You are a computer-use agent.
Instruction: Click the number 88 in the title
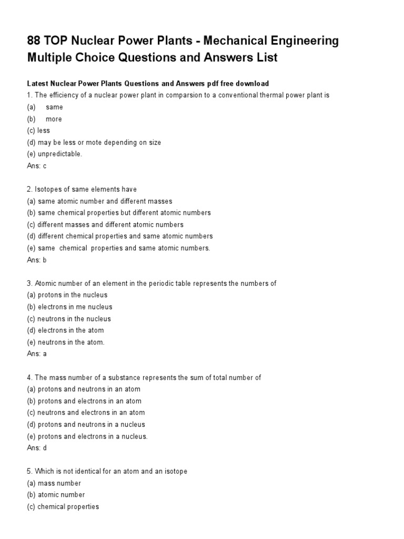click(35, 41)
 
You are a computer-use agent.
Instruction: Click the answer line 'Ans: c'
click(37, 166)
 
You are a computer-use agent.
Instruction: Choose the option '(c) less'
click(38, 131)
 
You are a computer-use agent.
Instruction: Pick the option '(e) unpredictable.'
click(55, 154)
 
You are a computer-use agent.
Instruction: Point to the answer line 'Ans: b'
click(37, 260)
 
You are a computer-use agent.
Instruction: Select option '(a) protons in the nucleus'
click(67, 295)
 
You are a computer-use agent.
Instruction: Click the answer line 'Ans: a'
click(37, 354)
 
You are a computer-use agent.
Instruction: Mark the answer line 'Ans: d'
click(37, 448)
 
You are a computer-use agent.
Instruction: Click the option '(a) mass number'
click(54, 483)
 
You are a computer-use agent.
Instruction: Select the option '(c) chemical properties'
click(63, 507)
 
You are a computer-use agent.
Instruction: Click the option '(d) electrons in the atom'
click(65, 331)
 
